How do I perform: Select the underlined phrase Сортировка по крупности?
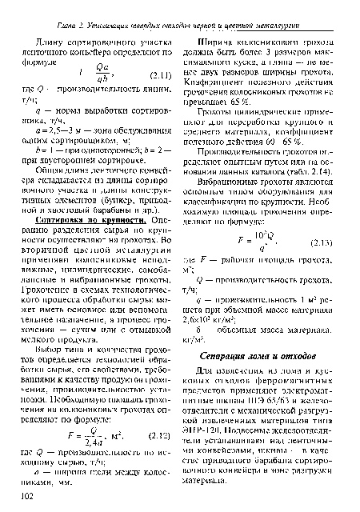[x=79, y=218]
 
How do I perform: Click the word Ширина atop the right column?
[x=214, y=29]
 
